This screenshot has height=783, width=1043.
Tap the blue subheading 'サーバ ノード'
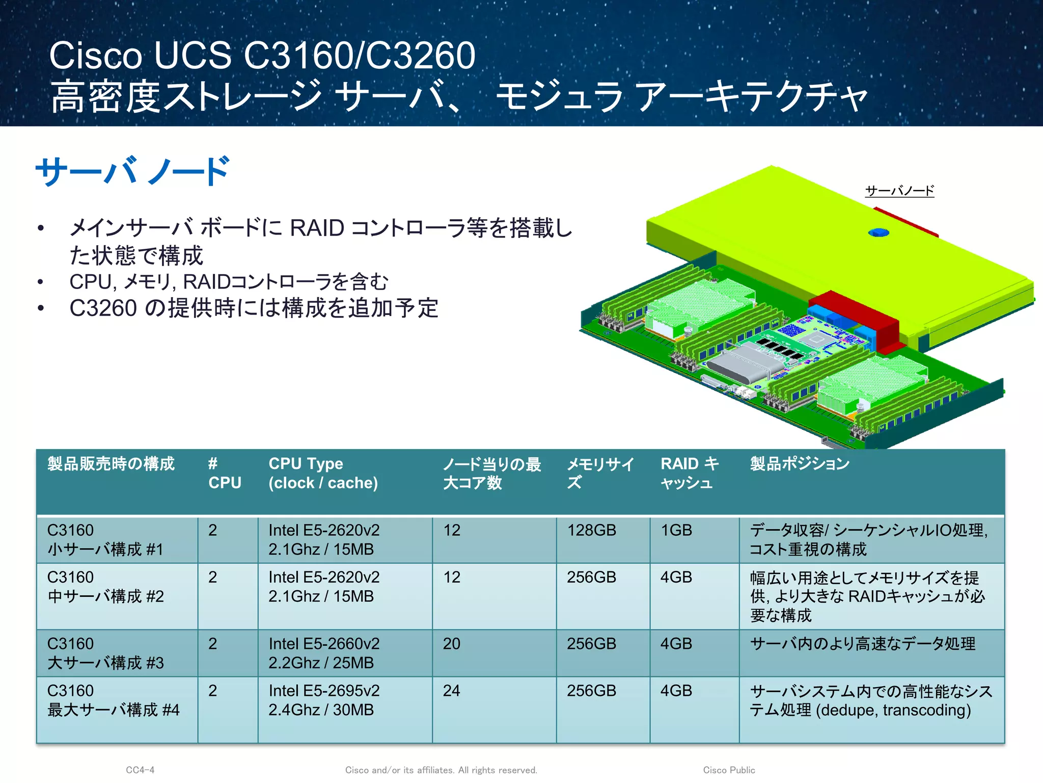pyautogui.click(x=132, y=171)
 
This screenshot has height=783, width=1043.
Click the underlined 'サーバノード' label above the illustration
pyautogui.click(x=899, y=191)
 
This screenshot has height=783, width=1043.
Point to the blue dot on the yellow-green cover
pyautogui.click(x=879, y=233)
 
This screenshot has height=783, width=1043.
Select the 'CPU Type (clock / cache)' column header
pyautogui.click(x=323, y=473)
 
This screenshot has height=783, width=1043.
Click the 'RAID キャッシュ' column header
pyautogui.click(x=690, y=473)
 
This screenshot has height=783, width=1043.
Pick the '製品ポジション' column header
pyautogui.click(x=800, y=464)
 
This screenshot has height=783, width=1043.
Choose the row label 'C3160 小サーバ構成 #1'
pyautogui.click(x=105, y=539)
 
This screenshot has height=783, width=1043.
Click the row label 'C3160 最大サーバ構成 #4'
pyautogui.click(x=113, y=700)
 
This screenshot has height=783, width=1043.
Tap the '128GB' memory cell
pyautogui.click(x=591, y=530)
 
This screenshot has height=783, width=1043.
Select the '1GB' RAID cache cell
pyautogui.click(x=676, y=530)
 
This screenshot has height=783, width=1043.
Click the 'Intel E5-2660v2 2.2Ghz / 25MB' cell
pyautogui.click(x=324, y=653)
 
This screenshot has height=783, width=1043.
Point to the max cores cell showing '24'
pyautogui.click(x=451, y=691)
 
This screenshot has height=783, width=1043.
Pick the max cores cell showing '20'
pyautogui.click(x=451, y=644)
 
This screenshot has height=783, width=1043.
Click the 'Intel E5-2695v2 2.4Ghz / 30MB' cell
pyautogui.click(x=324, y=700)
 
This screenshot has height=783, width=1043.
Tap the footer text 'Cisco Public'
pyautogui.click(x=729, y=770)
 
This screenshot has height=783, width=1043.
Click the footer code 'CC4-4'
pyautogui.click(x=140, y=770)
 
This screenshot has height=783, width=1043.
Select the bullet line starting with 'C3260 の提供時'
pyautogui.click(x=254, y=308)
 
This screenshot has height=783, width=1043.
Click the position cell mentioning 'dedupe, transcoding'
pyautogui.click(x=871, y=700)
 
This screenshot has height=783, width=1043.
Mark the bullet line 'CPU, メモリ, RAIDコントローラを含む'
pyautogui.click(x=229, y=281)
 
